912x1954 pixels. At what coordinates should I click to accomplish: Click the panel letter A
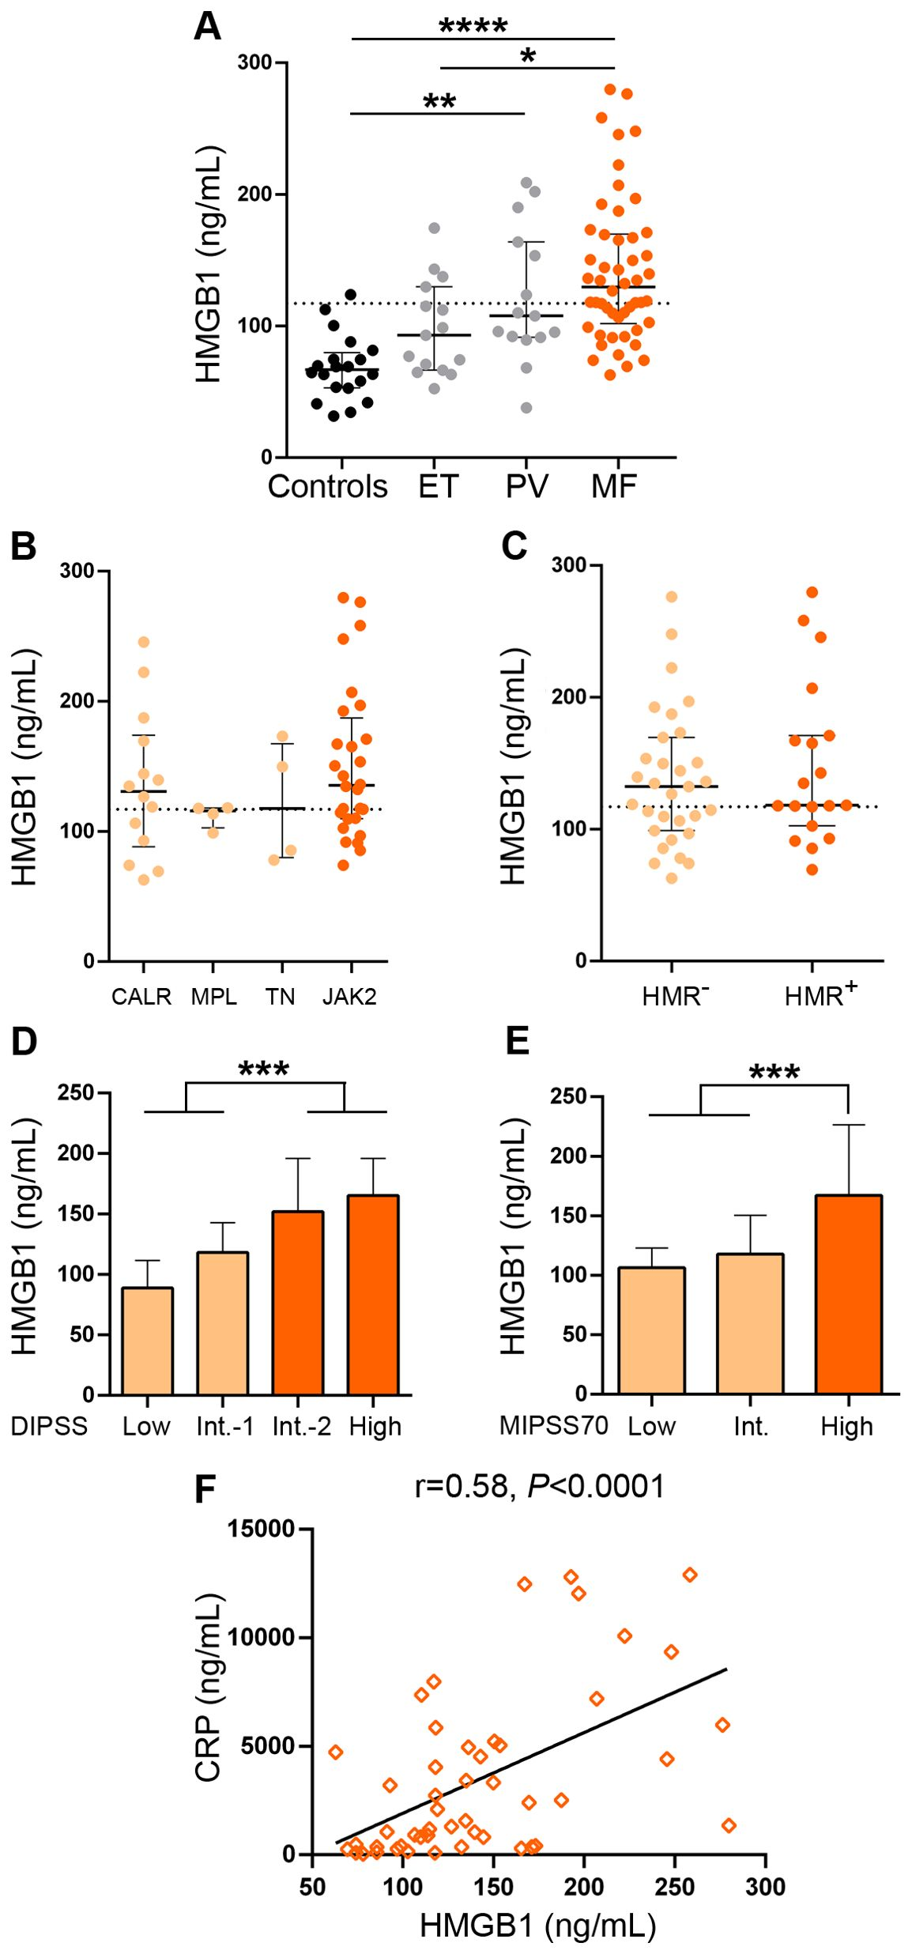[207, 27]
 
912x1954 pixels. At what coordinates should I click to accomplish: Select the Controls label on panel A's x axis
[327, 486]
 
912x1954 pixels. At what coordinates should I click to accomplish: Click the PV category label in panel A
[526, 486]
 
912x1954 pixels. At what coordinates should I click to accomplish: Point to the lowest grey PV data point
[526, 408]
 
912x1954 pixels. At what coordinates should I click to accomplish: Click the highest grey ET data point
[434, 228]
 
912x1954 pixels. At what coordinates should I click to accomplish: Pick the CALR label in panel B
[141, 997]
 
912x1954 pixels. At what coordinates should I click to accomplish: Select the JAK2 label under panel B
[349, 997]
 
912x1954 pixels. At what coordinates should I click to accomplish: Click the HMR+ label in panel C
[820, 995]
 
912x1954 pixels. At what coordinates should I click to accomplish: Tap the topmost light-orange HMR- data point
[672, 597]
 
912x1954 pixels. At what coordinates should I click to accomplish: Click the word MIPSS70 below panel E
[553, 1425]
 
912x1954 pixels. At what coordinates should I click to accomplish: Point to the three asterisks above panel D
[264, 1070]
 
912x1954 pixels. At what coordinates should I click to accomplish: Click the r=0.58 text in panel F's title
[462, 1487]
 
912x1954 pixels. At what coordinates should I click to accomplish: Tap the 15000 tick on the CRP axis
[261, 1529]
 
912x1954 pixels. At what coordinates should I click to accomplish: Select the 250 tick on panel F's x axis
[674, 1888]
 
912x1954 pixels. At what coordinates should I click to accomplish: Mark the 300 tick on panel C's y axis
[568, 564]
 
